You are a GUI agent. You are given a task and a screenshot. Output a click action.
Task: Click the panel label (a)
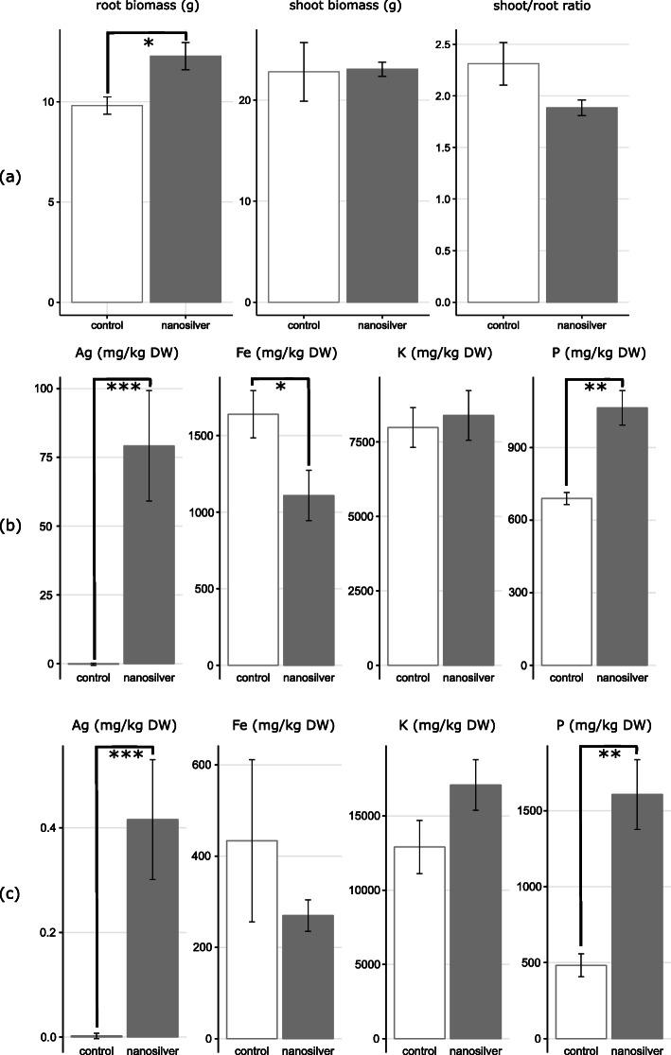[12, 176]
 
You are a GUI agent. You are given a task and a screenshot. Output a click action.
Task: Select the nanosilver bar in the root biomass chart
[186, 180]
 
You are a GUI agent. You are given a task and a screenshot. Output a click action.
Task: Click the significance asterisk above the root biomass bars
[148, 44]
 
